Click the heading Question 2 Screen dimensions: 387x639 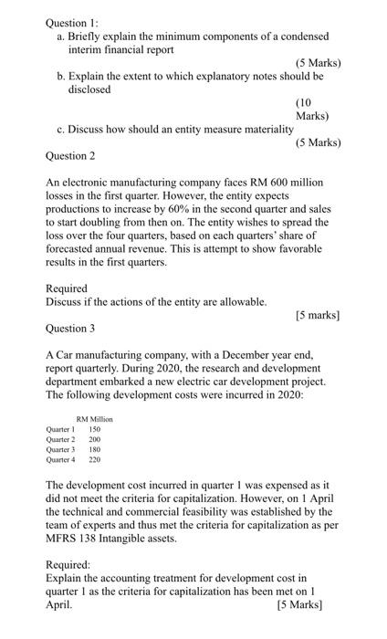click(x=69, y=156)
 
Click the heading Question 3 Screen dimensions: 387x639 click(x=69, y=327)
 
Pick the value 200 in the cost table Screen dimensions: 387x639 click(x=95, y=437)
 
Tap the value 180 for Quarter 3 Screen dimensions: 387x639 click(x=95, y=449)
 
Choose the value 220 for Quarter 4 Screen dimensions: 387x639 click(x=95, y=461)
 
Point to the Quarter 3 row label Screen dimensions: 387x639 click(x=62, y=449)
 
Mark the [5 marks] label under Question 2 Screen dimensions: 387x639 click(x=318, y=314)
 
